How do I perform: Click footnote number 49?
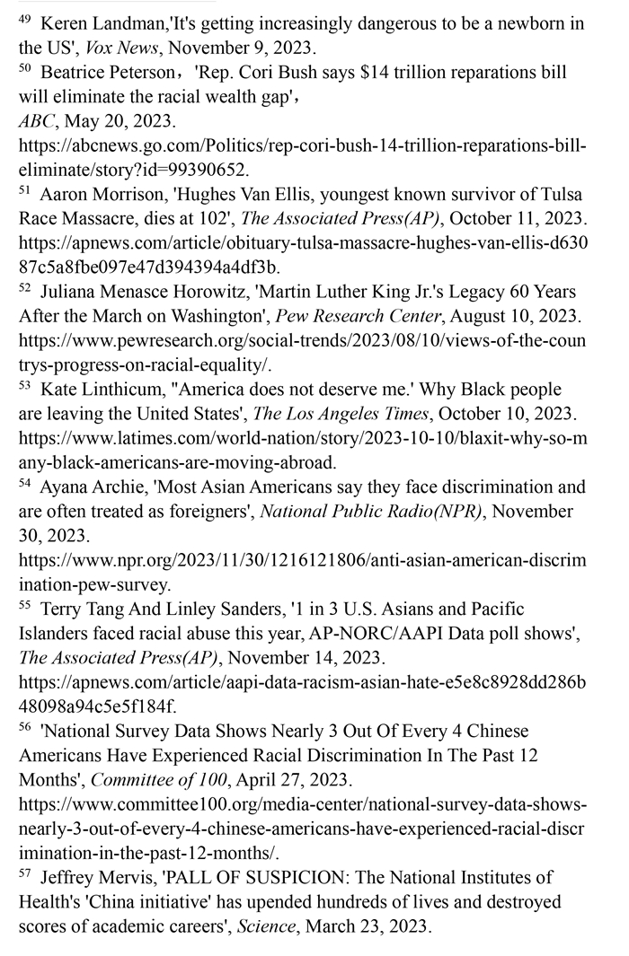coord(25,18)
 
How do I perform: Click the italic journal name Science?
coord(268,926)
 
